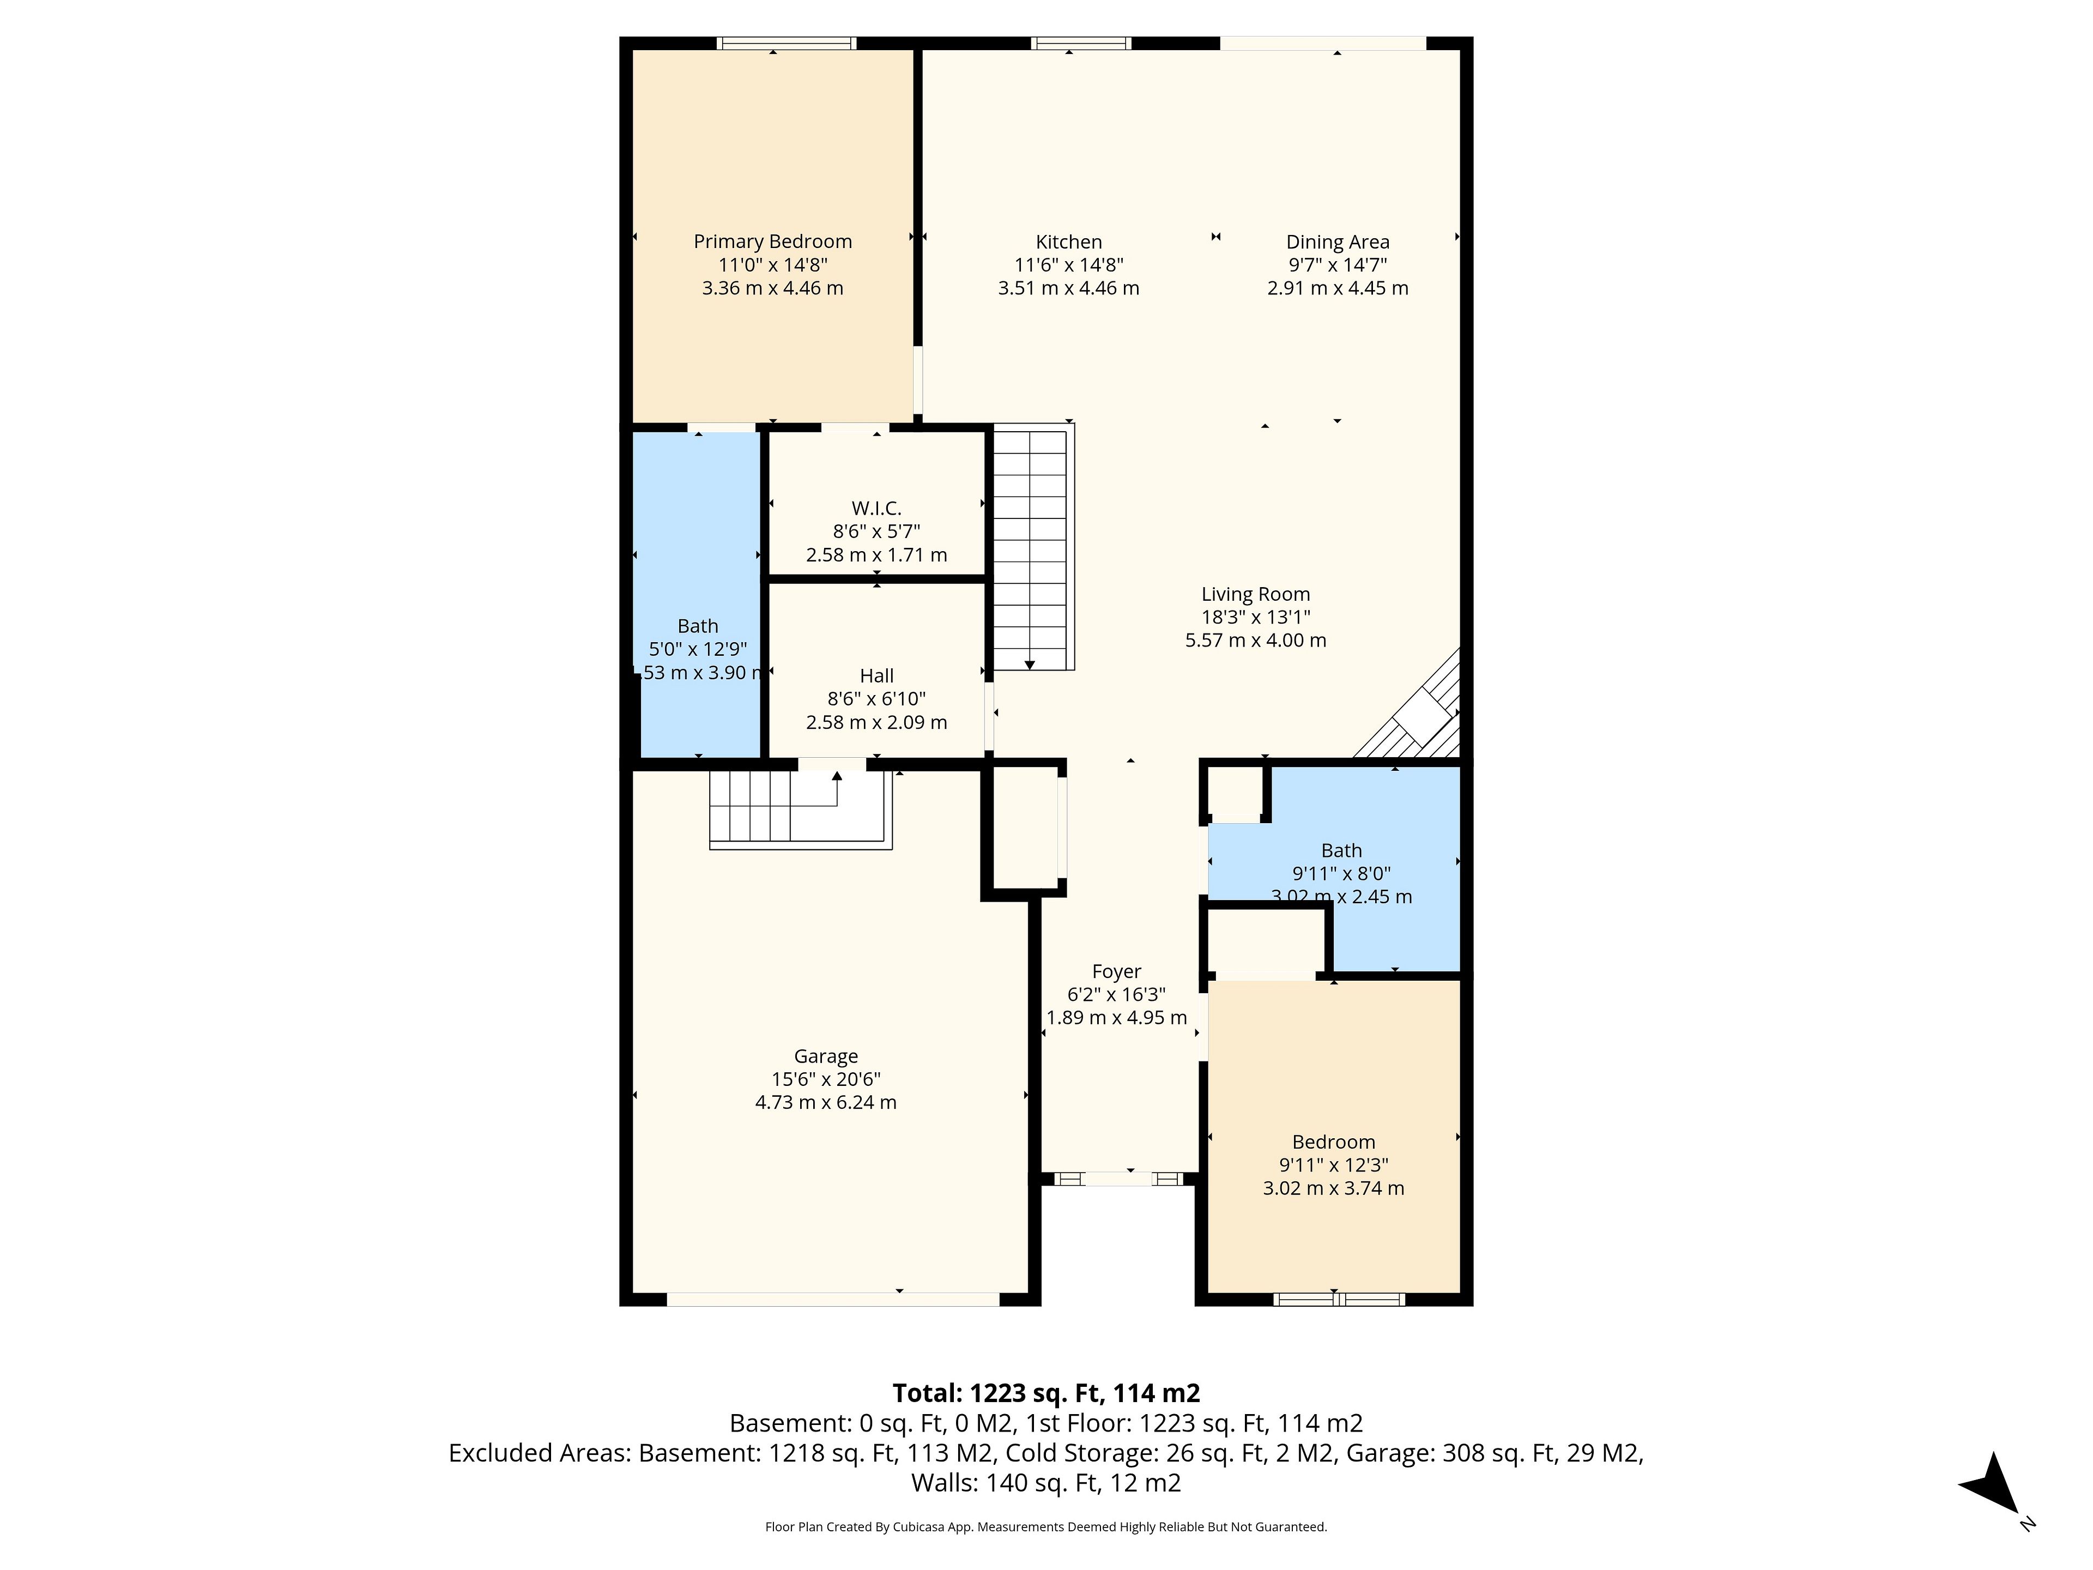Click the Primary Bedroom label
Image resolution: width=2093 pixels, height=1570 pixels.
pyautogui.click(x=772, y=242)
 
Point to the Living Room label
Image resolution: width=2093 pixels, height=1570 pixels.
pyautogui.click(x=1256, y=594)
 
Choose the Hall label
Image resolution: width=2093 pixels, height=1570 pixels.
pyautogui.click(x=876, y=675)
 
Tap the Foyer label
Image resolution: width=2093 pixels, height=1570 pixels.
pyautogui.click(x=1116, y=972)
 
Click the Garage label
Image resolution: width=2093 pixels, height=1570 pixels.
pyautogui.click(x=826, y=1056)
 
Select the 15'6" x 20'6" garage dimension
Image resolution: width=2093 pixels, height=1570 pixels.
pyautogui.click(x=826, y=1079)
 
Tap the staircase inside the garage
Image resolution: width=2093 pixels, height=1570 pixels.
pyautogui.click(x=801, y=809)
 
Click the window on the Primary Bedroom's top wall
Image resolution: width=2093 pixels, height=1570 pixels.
pyautogui.click(x=787, y=43)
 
